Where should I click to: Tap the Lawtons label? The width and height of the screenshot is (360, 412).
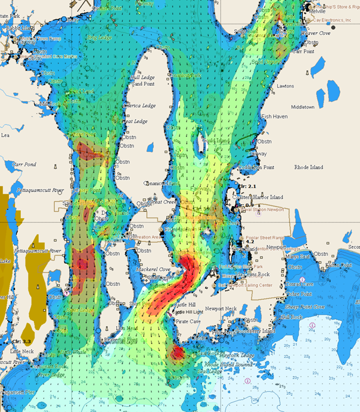[285, 86]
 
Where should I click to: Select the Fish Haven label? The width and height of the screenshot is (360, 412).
[274, 116]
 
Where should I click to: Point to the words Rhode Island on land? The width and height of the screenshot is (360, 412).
[309, 167]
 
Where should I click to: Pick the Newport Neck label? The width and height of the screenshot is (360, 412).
[221, 309]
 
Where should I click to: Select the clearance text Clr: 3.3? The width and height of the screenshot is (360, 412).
[20, 341]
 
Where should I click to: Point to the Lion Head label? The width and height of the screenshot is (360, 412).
[127, 328]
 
